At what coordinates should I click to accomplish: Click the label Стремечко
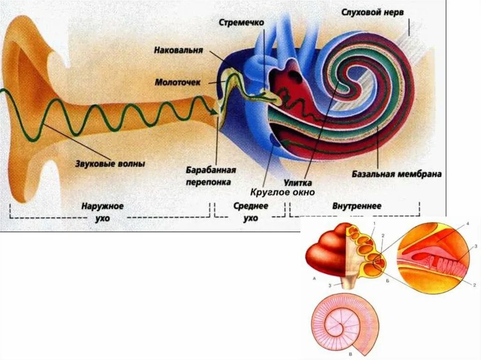point(241,22)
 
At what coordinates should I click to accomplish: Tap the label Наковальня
point(178,50)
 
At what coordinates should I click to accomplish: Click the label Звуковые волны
point(110,164)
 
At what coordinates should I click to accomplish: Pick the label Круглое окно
point(282,191)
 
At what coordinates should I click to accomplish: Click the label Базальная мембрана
point(396,174)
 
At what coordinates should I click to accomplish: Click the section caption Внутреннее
point(357,206)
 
